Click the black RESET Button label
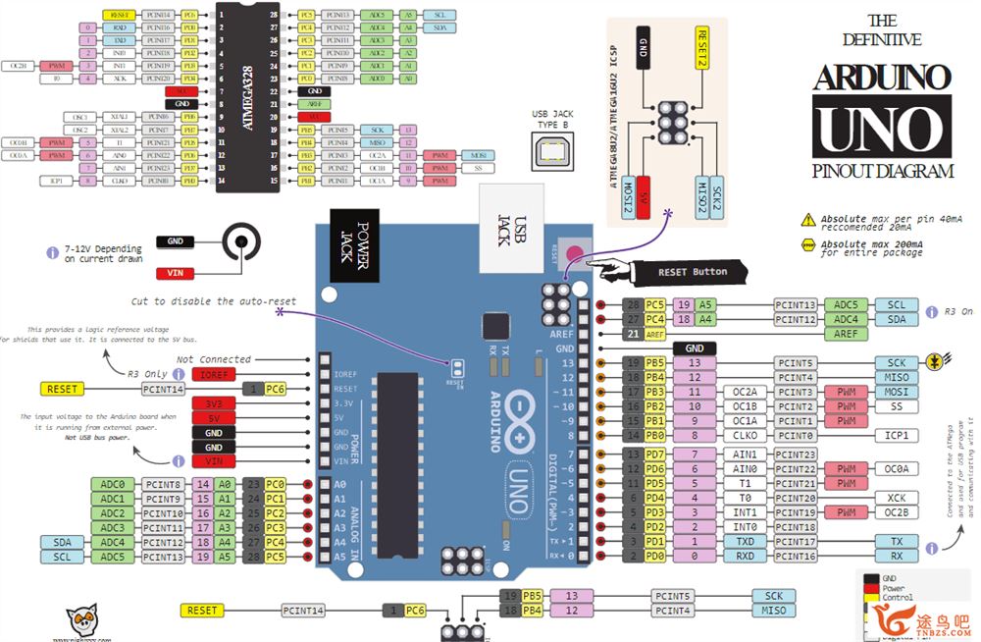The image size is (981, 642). click(x=694, y=271)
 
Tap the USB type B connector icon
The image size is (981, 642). click(x=551, y=150)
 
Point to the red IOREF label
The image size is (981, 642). click(x=214, y=375)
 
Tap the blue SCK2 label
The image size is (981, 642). click(x=717, y=197)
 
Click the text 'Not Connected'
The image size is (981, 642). click(x=214, y=359)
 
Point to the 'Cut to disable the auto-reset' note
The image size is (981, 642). click(x=214, y=300)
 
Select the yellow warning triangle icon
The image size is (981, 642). click(x=808, y=218)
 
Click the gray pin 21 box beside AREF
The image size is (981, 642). click(x=633, y=334)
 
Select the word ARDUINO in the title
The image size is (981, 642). click(x=882, y=77)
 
